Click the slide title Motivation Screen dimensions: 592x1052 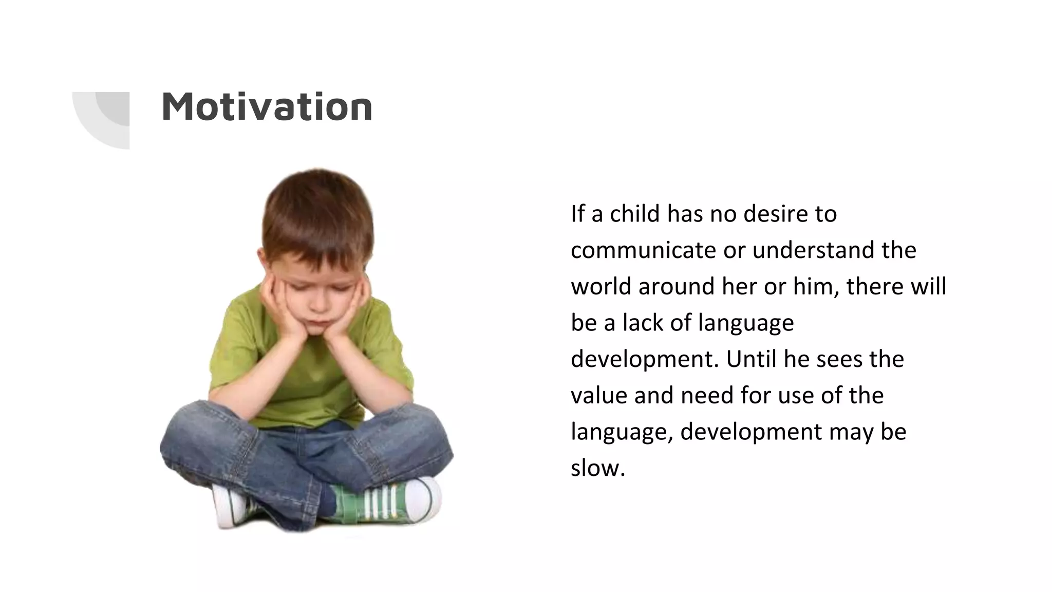(x=267, y=107)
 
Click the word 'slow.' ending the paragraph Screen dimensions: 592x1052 (x=597, y=468)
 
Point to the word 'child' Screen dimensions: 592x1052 (x=634, y=214)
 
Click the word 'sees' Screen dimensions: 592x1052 (x=839, y=359)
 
